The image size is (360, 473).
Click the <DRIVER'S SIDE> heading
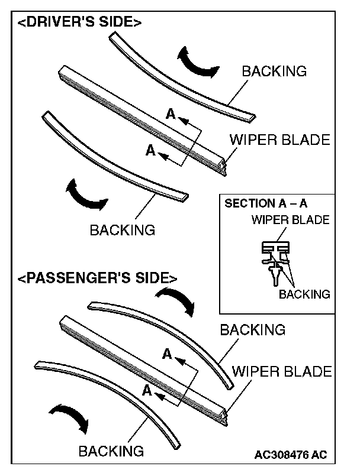click(78, 23)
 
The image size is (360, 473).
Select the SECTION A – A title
click(266, 203)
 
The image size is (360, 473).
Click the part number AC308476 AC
click(290, 455)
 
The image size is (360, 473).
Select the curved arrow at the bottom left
click(69, 418)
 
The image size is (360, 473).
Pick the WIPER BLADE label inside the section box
click(290, 220)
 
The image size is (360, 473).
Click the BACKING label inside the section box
click(304, 294)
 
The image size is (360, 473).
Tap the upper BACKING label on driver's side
click(274, 72)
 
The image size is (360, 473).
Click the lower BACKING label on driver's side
click(122, 229)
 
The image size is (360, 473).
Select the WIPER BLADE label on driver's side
click(279, 140)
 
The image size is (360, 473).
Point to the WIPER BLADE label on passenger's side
click(282, 372)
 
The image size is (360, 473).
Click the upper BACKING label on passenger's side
click(253, 329)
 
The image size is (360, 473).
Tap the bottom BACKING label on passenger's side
click(111, 451)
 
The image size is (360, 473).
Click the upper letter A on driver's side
click(171, 115)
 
